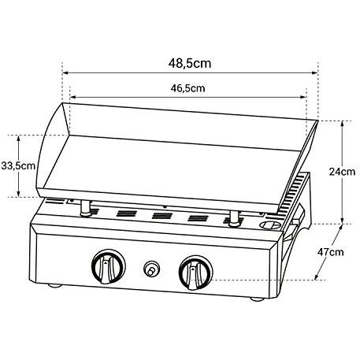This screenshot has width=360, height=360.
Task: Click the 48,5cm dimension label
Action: coord(190,64)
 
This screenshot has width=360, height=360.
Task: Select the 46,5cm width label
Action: coord(187,88)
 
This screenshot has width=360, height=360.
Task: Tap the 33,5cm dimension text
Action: coord(18,166)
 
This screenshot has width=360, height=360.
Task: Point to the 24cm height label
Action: coord(342,172)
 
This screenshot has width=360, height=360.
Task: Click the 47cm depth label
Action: coord(330,252)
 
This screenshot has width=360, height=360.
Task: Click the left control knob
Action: coord(109,266)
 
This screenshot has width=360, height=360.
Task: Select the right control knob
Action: coord(195,273)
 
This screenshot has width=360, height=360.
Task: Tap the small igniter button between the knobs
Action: coord(151,269)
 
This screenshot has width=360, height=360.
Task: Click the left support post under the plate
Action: coord(86,208)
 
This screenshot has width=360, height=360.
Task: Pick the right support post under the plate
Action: coord(234,218)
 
